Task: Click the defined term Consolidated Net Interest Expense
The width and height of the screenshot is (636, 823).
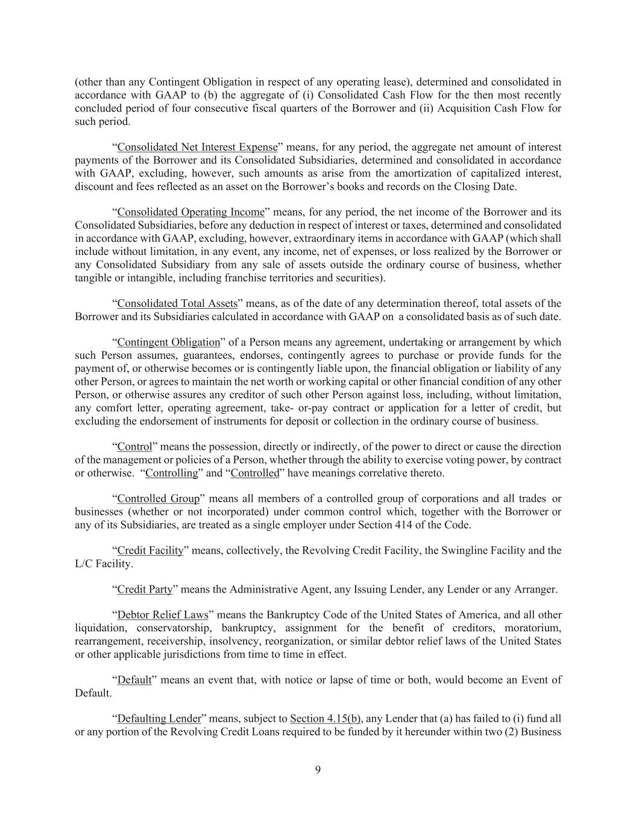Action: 197,147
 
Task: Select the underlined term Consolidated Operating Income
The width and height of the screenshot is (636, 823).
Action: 190,212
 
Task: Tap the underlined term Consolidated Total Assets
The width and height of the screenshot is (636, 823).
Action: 177,303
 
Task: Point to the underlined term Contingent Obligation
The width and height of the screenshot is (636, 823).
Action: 168,342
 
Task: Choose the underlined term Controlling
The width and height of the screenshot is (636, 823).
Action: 172,473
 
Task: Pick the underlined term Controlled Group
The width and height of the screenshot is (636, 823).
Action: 158,499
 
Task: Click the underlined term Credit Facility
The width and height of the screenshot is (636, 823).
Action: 150,551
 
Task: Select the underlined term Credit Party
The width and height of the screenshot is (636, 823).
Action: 145,590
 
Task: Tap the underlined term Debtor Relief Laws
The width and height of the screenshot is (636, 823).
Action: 163,616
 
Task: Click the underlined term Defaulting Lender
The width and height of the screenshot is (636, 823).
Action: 159,719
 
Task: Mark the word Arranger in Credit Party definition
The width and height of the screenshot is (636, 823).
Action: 535,590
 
